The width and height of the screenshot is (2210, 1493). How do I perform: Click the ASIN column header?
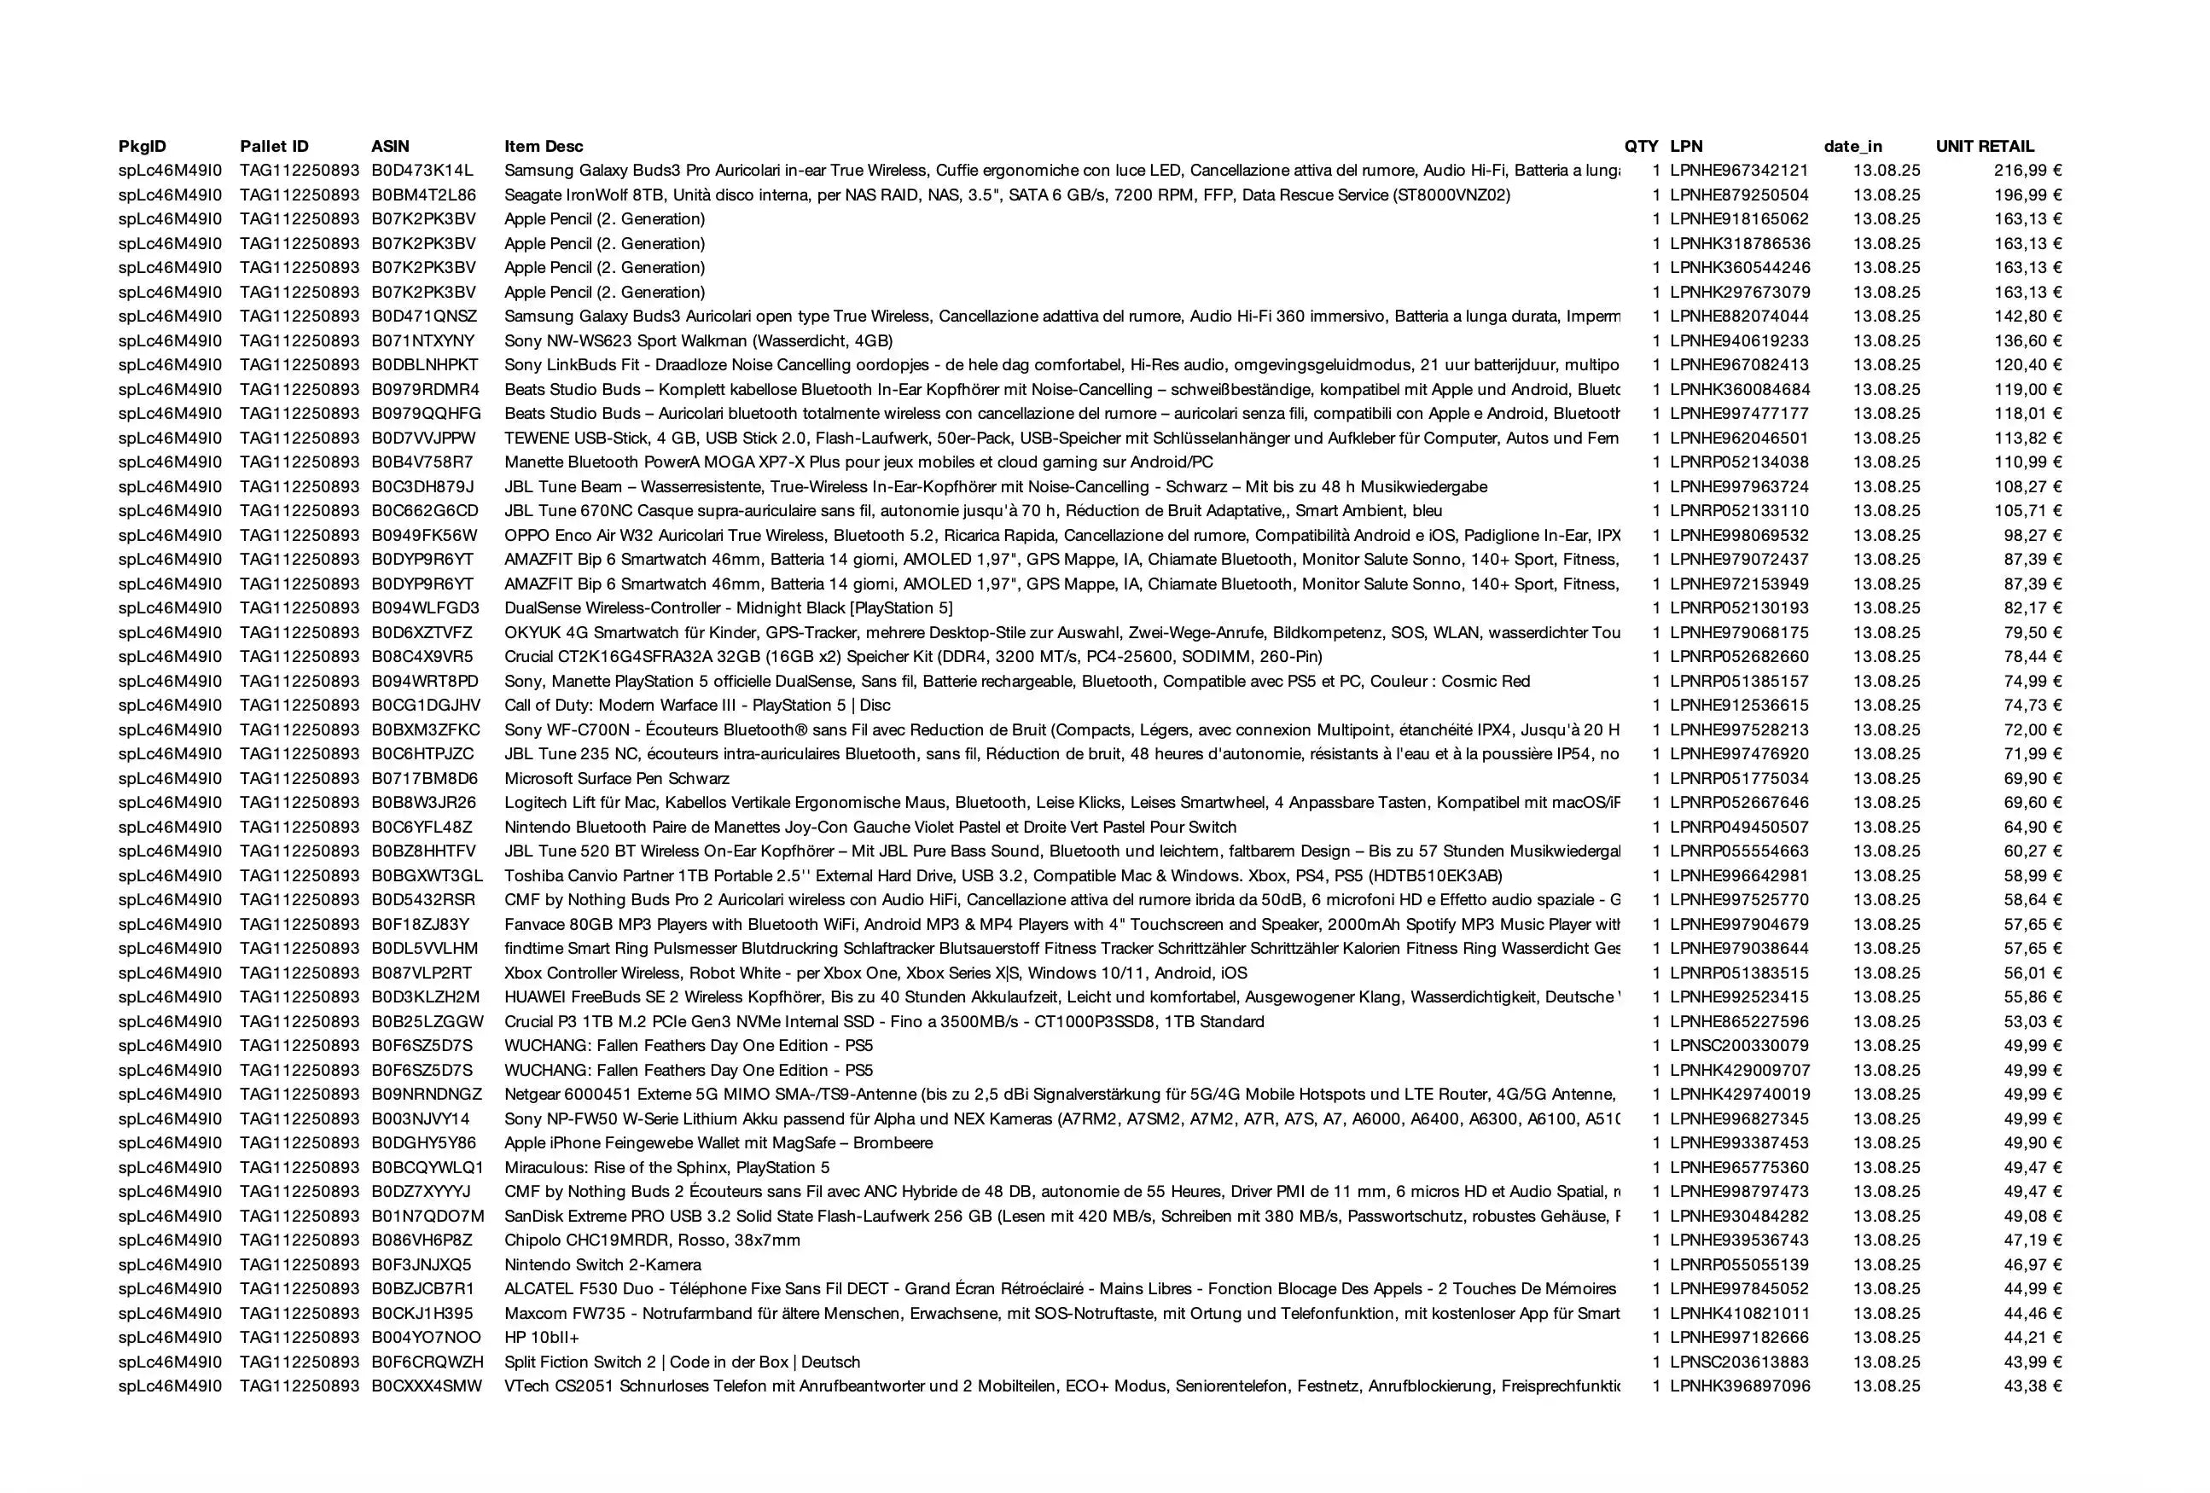pos(390,147)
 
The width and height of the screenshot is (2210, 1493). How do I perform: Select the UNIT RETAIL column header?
pos(1985,147)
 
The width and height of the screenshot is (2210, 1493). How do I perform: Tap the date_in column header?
pos(1852,147)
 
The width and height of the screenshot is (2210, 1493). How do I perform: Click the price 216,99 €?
pos(2027,171)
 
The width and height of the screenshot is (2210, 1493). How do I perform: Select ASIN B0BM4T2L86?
pos(423,195)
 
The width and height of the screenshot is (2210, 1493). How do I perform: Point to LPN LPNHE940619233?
pos(1739,340)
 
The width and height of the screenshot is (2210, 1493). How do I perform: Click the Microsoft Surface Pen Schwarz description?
pos(616,779)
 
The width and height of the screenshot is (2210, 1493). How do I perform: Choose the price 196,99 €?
pos(2027,195)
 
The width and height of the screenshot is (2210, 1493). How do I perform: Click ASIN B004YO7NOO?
pos(426,1338)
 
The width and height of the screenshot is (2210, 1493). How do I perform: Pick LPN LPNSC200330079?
pos(1739,1046)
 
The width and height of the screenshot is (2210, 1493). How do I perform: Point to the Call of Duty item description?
pos(697,706)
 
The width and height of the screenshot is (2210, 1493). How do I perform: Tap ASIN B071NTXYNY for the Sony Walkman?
pos(422,340)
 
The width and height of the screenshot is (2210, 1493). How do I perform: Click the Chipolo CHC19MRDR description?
pos(653,1240)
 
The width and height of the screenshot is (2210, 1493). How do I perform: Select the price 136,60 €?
pos(2027,340)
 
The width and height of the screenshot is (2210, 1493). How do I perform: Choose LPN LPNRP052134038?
pos(1739,462)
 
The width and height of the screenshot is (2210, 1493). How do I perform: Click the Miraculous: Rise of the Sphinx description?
pos(666,1168)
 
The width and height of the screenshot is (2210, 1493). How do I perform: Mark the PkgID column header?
pos(142,147)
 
